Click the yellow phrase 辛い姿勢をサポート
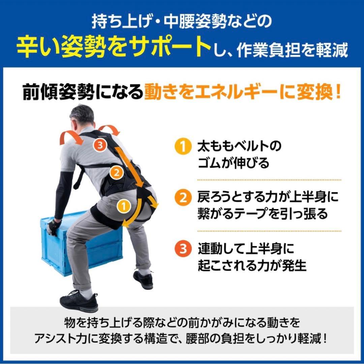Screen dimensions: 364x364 (111, 48)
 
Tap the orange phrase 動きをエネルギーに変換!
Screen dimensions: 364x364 (243, 92)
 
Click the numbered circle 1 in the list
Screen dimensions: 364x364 (181, 147)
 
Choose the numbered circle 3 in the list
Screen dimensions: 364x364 (181, 250)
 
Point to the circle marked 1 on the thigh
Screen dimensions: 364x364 (123, 205)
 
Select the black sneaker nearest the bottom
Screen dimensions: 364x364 (79, 300)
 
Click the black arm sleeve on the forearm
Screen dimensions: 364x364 (62, 192)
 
